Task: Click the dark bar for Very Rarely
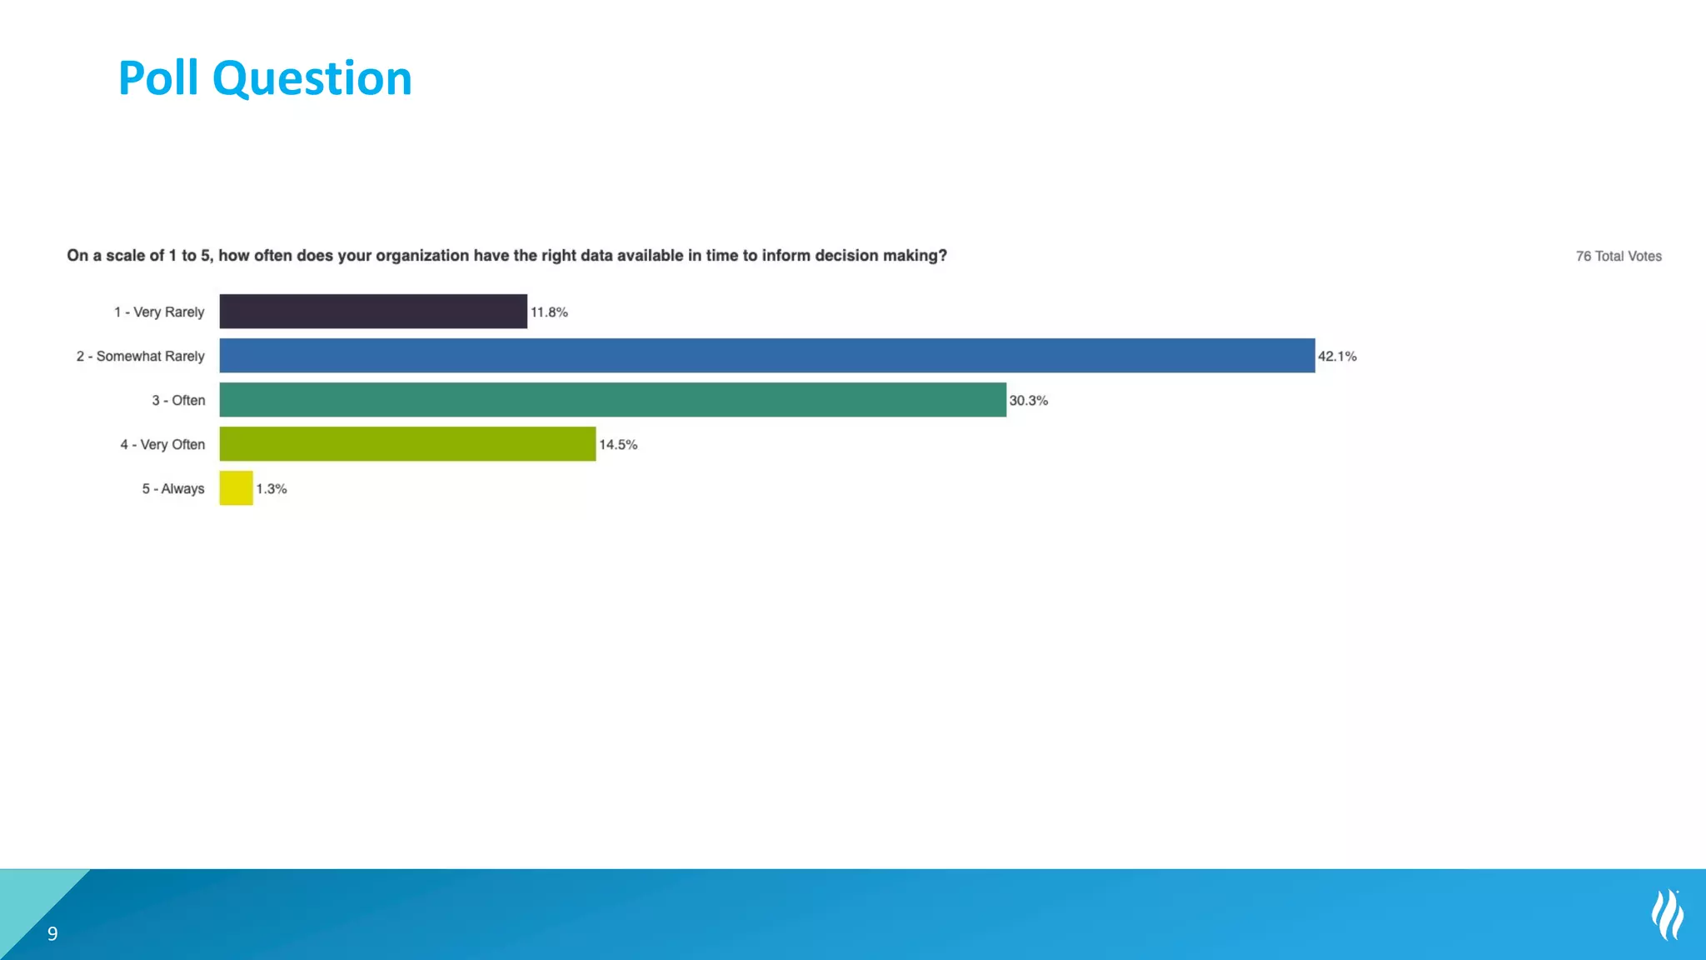click(x=373, y=312)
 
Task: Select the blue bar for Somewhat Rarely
click(x=766, y=356)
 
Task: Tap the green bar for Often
click(x=612, y=400)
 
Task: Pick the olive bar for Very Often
click(x=407, y=444)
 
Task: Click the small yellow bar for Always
click(x=236, y=488)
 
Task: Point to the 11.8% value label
click(x=549, y=312)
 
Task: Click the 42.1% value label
click(x=1337, y=357)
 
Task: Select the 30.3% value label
click(x=1028, y=401)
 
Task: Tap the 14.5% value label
click(x=618, y=445)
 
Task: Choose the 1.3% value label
click(x=272, y=489)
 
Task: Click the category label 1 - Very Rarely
click(x=159, y=312)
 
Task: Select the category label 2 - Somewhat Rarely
click(x=140, y=357)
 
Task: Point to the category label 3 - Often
click(x=178, y=401)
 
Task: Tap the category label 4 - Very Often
click(x=162, y=445)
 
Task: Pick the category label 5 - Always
click(x=173, y=489)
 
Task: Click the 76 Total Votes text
click(x=1618, y=257)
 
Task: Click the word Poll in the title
click(x=158, y=78)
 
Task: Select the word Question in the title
click(x=312, y=80)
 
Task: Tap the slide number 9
click(x=52, y=934)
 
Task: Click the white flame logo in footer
click(x=1668, y=915)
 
